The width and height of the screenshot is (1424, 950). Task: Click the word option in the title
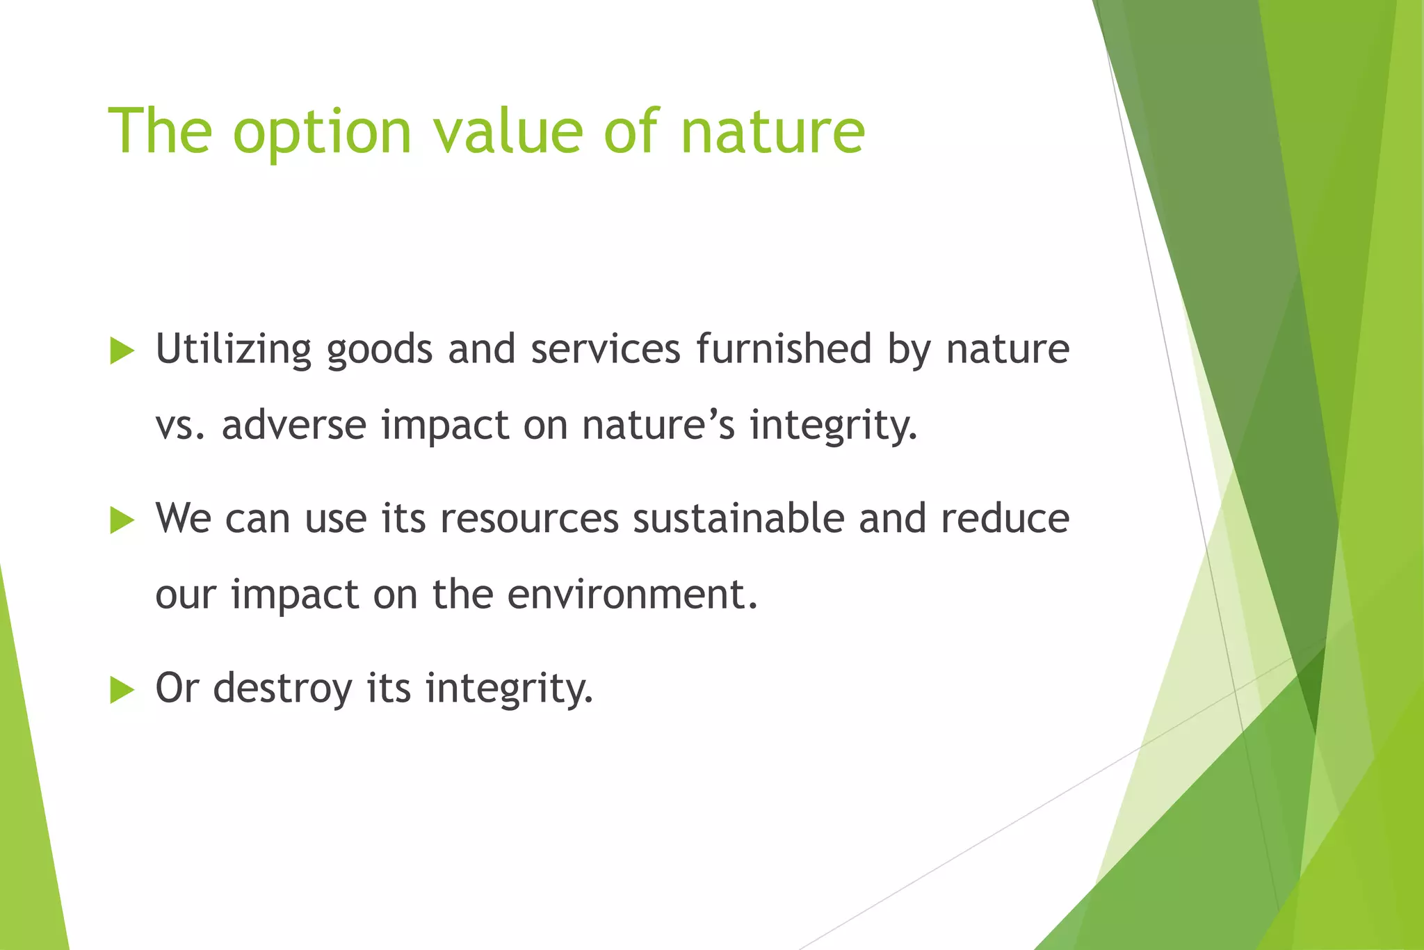(x=323, y=132)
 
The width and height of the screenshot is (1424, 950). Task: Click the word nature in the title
(x=772, y=132)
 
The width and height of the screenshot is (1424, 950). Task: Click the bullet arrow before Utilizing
(x=122, y=351)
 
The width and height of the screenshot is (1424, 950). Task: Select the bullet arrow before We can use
(x=122, y=520)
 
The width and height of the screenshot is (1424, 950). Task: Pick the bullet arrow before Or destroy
(x=122, y=690)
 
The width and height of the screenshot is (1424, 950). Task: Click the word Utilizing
(x=233, y=349)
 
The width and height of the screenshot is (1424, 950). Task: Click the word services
(x=606, y=349)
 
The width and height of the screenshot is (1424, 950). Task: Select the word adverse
(x=293, y=425)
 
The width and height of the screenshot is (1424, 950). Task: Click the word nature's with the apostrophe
(x=658, y=425)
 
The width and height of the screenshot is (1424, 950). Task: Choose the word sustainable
(x=738, y=519)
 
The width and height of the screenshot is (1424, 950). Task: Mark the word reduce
(x=1005, y=519)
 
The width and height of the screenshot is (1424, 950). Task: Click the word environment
(x=631, y=595)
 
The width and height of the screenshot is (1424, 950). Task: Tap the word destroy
(x=282, y=689)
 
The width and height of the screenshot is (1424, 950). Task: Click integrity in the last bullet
(x=509, y=689)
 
